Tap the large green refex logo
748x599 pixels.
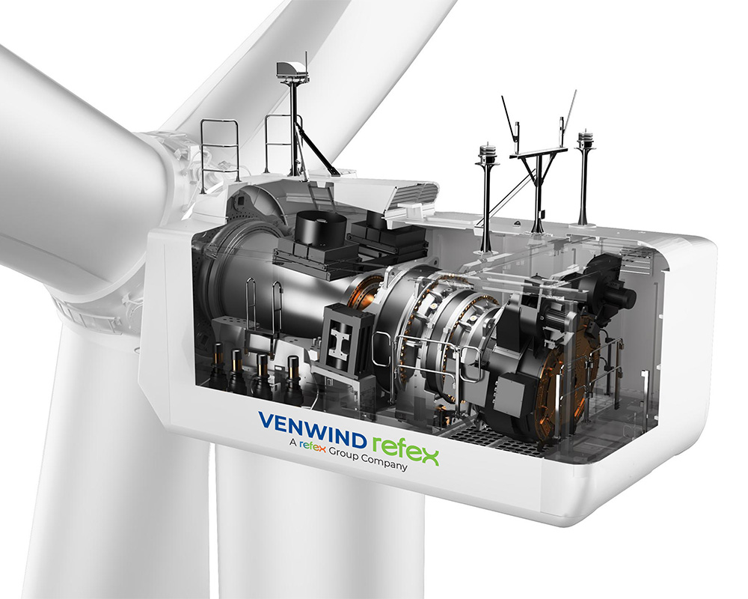(x=405, y=449)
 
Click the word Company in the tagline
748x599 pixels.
(x=384, y=461)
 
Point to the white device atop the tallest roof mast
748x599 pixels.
(x=290, y=70)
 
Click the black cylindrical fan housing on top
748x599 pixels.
(x=321, y=228)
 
